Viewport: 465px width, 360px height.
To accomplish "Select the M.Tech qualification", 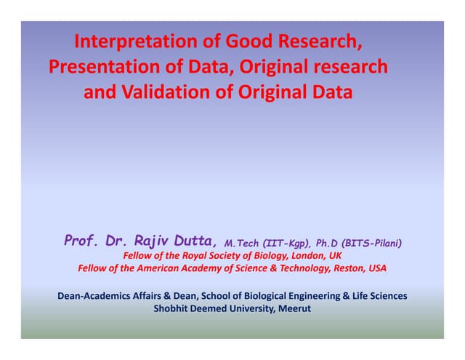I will point(243,243).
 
